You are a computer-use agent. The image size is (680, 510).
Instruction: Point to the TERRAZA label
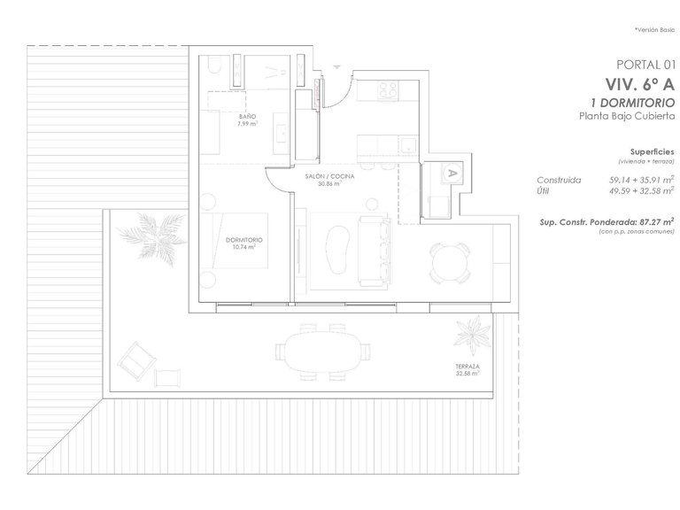[x=468, y=367]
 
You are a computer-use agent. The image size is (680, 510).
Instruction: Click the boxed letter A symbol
[x=452, y=173]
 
